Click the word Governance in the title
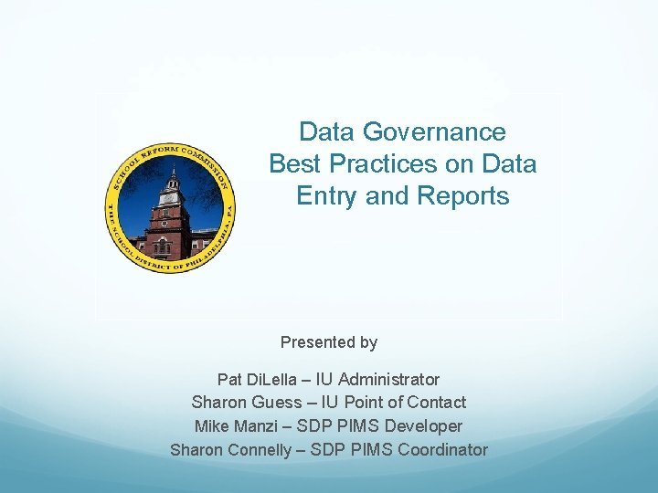[434, 132]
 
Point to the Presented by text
[329, 342]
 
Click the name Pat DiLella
[251, 379]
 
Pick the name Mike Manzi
[234, 426]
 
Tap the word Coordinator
[441, 450]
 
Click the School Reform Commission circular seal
[171, 208]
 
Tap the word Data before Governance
[327, 132]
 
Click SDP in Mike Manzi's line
[326, 426]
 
